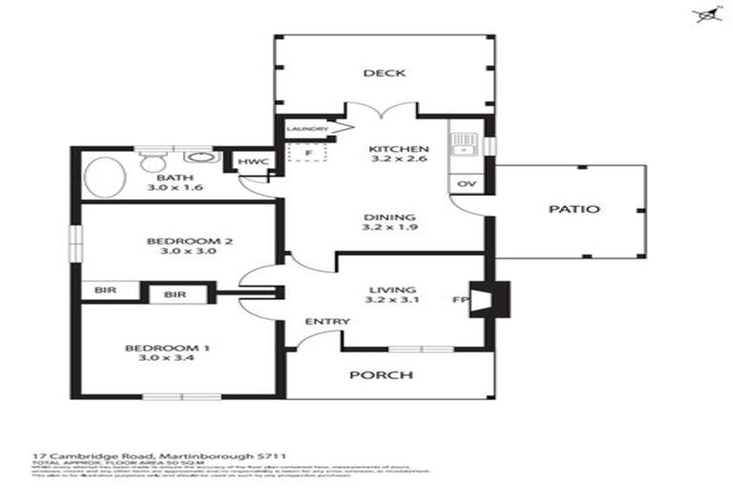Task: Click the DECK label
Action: (384, 74)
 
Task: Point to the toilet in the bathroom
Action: (153, 160)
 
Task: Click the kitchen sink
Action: (465, 145)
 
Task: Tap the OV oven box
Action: (467, 183)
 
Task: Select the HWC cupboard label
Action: (250, 162)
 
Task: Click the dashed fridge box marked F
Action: (307, 154)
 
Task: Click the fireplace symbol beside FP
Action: (493, 298)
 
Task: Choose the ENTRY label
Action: (326, 322)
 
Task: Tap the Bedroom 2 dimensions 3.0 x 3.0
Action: (176, 252)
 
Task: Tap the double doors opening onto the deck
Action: (381, 111)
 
